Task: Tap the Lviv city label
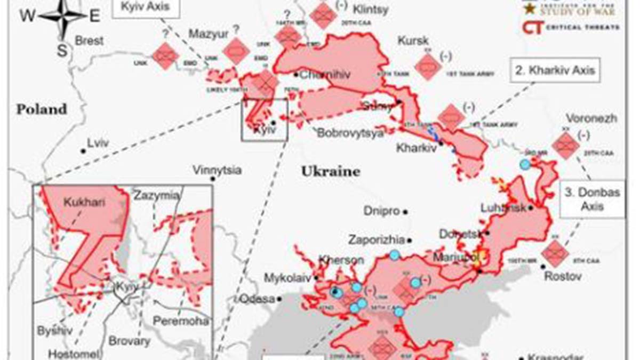tap(98, 143)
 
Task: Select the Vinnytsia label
tap(217, 171)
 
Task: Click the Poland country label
tap(42, 110)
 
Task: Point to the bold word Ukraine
tap(330, 172)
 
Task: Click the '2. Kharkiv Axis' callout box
tap(555, 69)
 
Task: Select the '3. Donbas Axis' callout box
tap(592, 199)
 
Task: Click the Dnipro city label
tap(381, 211)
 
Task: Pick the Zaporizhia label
tap(377, 240)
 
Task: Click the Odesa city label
tap(257, 299)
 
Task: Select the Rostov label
tap(562, 277)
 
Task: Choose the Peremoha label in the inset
tap(180, 321)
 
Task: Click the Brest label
tap(88, 41)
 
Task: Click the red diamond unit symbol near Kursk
tap(428, 67)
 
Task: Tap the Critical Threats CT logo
tap(533, 27)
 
